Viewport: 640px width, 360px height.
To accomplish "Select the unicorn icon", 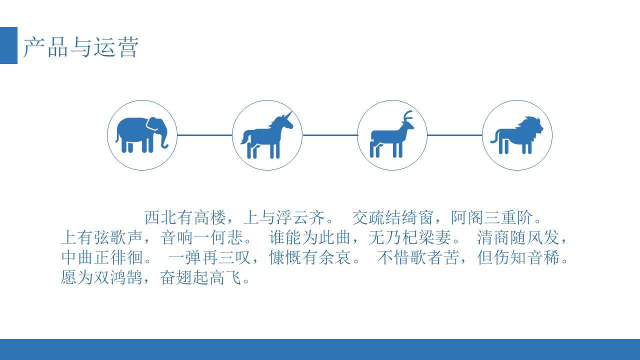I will (x=267, y=136).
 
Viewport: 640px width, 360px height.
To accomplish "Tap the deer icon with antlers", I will (x=392, y=136).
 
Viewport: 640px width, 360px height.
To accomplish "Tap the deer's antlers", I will (x=408, y=116).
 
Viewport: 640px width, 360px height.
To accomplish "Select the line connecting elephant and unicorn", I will (x=205, y=135).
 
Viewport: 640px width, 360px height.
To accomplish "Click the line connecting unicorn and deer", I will (x=330, y=135).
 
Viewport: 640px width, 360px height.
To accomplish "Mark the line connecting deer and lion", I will (x=454, y=135).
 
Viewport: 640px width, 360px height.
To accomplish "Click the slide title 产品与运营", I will (x=80, y=47).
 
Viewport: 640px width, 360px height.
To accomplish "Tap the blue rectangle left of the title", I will (x=8, y=45).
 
